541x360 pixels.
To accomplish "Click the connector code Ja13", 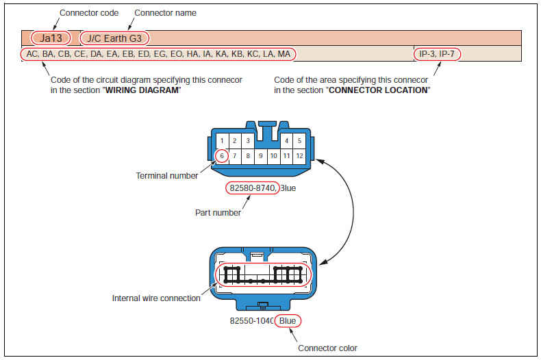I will click(51, 38).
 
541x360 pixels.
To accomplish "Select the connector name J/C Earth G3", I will click(114, 38).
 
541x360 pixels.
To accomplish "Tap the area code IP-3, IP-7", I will click(438, 53).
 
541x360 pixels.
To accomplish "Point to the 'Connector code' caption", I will click(89, 13).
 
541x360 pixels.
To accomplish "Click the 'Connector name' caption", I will click(165, 13).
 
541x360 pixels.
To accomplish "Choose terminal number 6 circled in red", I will click(221, 156).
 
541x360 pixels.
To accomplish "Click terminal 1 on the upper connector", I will click(222, 141).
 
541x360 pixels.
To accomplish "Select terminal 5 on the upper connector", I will click(299, 141).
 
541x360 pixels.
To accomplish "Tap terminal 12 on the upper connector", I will click(299, 156).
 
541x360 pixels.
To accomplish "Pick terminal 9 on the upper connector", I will click(260, 156).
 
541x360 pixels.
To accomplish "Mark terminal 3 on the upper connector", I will click(247, 141).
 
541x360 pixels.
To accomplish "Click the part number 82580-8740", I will click(253, 188).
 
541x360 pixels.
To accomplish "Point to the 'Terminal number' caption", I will click(166, 176).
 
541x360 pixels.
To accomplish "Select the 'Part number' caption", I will click(218, 213).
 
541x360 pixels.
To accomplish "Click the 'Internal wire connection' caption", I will click(156, 298).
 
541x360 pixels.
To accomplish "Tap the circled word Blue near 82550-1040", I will click(288, 320).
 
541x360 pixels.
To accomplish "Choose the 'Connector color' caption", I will click(327, 348).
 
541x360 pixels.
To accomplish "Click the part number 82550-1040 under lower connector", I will click(251, 320).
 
